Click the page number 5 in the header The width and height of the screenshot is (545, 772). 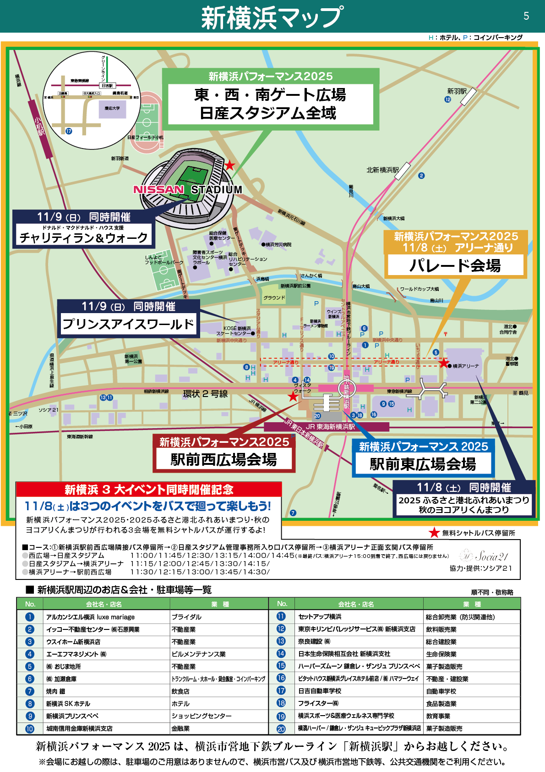point(526,16)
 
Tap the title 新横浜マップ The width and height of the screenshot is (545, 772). point(272,17)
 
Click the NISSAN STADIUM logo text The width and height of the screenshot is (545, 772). point(188,189)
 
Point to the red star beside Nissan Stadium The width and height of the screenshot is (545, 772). point(229,165)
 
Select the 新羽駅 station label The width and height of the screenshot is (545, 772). point(457,91)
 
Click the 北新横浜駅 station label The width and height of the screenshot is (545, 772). point(382,170)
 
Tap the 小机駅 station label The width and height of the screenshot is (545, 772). point(40,126)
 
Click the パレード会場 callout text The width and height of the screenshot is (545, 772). point(455,265)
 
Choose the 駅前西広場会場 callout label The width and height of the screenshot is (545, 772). point(223,459)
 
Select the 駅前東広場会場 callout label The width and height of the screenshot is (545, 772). point(423,464)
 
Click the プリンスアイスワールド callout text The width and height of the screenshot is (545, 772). point(128,324)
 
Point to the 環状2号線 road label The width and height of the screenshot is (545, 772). point(205,394)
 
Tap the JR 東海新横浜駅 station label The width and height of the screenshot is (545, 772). point(330,427)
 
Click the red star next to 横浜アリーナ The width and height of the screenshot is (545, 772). point(443,363)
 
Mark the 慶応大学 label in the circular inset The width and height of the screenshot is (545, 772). point(112,108)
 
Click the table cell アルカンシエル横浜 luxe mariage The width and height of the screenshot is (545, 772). point(91,617)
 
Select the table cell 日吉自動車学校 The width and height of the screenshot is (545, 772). point(320,691)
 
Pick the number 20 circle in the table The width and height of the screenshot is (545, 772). point(281,728)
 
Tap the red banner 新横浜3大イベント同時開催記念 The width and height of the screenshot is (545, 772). point(149,490)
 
